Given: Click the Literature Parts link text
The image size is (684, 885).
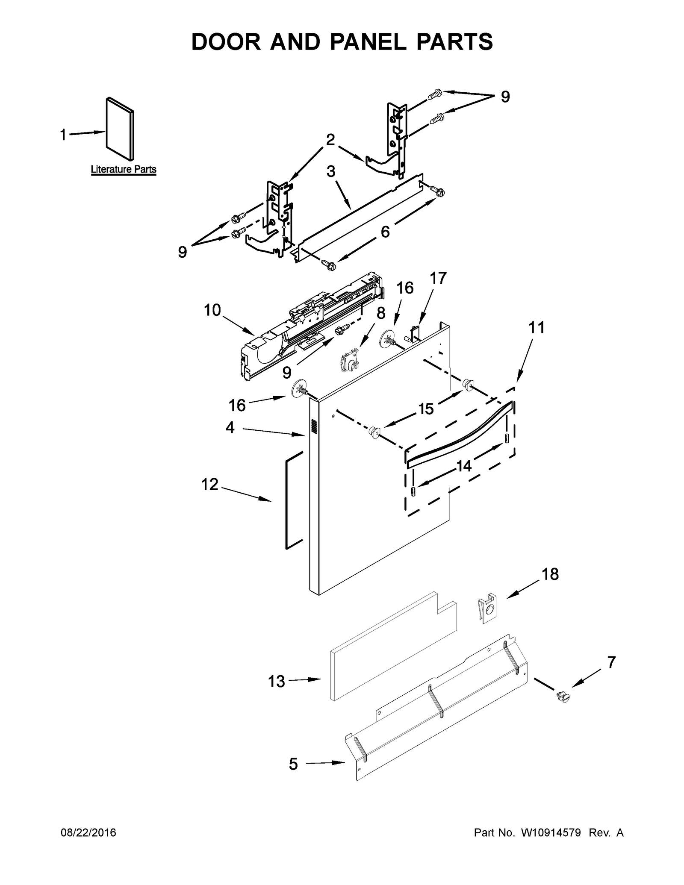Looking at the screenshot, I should (124, 169).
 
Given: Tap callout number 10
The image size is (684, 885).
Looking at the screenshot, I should (212, 310).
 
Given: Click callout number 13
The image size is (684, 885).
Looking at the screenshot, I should (276, 681).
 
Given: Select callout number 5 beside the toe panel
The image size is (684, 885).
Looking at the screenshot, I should (293, 764).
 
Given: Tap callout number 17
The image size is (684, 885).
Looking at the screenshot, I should (438, 278).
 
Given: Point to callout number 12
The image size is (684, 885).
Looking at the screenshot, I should (209, 484).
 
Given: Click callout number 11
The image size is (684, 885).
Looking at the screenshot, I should (537, 328).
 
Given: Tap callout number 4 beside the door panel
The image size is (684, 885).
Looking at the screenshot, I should (230, 427).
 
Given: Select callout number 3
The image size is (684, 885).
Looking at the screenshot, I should (331, 171).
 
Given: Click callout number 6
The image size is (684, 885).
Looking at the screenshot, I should (385, 232).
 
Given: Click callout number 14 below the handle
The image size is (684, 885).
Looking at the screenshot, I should (464, 466).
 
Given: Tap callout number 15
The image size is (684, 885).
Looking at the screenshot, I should (426, 409).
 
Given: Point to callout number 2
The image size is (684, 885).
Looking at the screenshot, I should (330, 140).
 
